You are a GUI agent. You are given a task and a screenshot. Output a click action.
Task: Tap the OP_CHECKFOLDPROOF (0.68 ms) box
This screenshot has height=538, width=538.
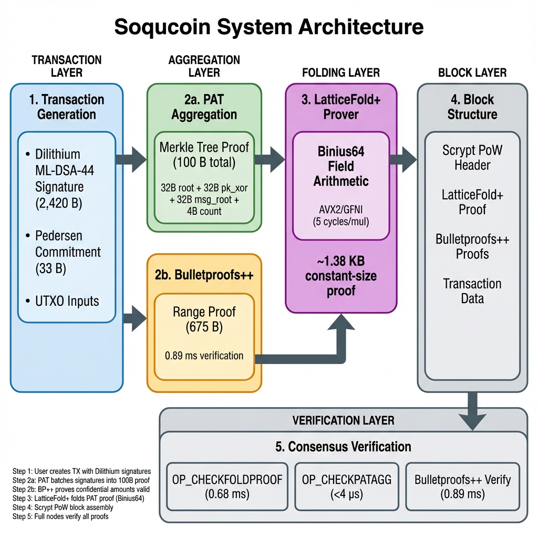click(x=227, y=486)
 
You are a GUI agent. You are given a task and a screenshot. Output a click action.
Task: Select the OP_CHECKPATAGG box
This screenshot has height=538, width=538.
click(x=347, y=486)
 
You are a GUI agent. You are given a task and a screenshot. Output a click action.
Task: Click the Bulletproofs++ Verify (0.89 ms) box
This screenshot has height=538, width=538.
click(x=463, y=486)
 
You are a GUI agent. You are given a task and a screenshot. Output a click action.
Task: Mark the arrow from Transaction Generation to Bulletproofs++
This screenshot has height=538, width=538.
click(x=134, y=317)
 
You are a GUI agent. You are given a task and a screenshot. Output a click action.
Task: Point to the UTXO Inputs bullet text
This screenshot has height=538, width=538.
click(x=67, y=301)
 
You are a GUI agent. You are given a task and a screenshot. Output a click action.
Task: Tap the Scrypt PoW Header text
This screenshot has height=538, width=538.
click(x=472, y=158)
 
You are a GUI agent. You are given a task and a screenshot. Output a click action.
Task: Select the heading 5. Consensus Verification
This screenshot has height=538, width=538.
click(x=343, y=447)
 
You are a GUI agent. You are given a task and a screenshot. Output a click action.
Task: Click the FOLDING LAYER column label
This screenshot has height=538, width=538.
click(x=340, y=73)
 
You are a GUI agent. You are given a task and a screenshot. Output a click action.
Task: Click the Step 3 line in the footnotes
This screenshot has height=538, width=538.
click(x=78, y=498)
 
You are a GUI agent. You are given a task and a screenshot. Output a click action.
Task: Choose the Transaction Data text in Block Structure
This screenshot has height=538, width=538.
click(x=472, y=291)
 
